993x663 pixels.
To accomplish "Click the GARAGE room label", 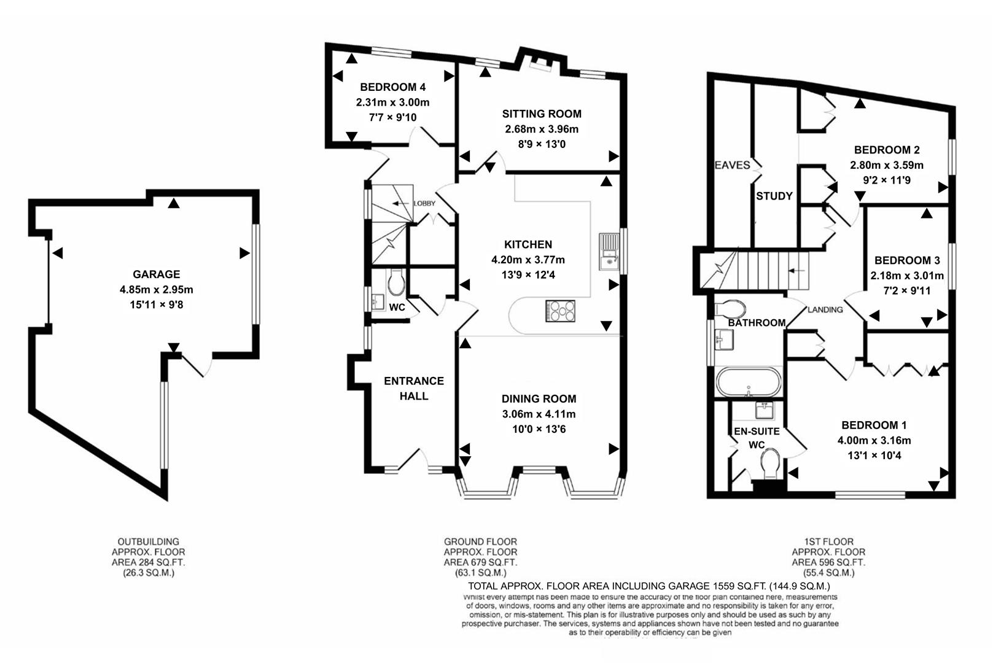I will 156,274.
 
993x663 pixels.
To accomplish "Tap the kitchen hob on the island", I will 560,311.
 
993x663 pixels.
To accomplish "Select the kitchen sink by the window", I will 609,252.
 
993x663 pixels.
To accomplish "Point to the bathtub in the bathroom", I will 749,382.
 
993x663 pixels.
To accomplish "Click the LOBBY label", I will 424,203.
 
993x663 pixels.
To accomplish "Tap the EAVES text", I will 732,165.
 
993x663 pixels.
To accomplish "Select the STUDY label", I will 774,196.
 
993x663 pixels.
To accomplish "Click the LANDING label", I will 825,309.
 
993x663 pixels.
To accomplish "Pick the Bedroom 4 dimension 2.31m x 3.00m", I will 392,103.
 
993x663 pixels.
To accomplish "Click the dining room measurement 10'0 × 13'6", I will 539,429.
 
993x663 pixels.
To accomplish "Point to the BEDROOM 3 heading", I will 906,260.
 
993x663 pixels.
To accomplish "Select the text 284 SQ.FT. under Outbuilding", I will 148,562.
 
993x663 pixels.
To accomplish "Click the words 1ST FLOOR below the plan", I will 828,541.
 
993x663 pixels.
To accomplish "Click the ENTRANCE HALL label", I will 413,388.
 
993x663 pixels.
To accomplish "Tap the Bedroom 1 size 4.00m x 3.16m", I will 873,440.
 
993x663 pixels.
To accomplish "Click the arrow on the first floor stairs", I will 796,271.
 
